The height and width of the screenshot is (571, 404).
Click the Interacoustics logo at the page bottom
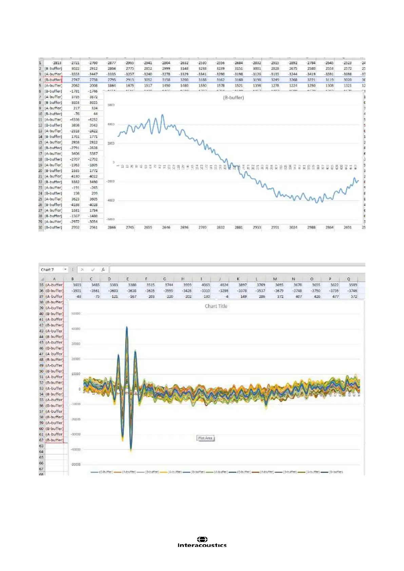[202, 542]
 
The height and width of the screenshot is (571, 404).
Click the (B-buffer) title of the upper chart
[233, 98]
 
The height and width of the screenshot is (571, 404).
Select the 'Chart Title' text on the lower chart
[216, 306]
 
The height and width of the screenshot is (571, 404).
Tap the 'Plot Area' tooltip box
[205, 438]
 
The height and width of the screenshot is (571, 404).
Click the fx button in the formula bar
[103, 270]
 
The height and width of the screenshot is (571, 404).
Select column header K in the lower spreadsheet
[238, 279]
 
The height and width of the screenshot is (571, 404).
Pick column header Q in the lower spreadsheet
[348, 279]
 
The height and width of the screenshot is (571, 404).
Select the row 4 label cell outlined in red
[54, 80]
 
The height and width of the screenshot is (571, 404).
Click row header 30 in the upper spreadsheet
[41, 228]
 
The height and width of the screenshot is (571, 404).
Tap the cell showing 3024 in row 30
[293, 228]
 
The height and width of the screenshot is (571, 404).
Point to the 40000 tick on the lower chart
[76, 329]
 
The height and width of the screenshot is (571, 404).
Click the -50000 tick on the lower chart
[75, 464]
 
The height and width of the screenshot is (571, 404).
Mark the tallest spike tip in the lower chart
[127, 327]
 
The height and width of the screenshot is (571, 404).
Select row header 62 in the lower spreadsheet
[41, 440]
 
